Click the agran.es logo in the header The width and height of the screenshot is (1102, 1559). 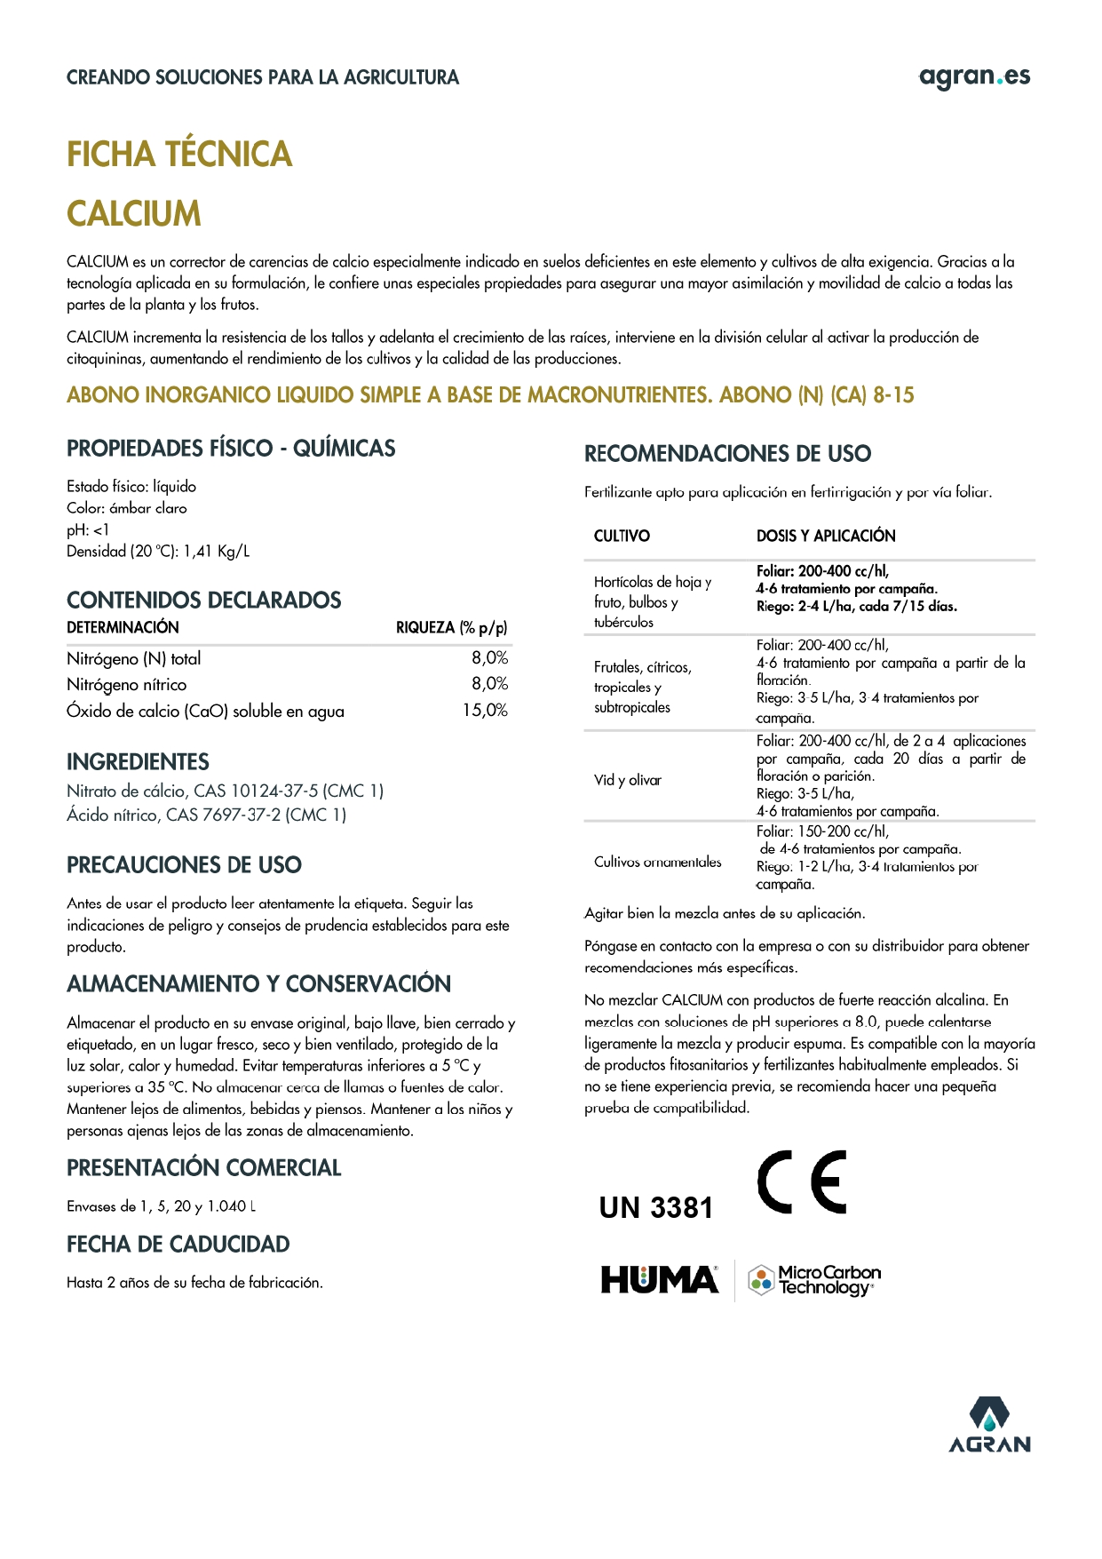pos(974,77)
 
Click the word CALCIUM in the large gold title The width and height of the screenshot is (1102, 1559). pos(134,214)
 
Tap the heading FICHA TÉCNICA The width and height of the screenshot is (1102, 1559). pos(179,155)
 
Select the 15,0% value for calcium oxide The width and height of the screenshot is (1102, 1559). pos(485,711)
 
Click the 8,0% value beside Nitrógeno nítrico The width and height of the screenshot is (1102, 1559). pos(489,684)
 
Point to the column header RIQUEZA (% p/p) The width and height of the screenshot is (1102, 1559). pos(451,628)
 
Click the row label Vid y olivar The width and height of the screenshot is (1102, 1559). pos(628,780)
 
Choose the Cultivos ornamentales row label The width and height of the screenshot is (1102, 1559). pos(657,862)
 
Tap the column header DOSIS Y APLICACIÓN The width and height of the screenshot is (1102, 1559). pos(825,536)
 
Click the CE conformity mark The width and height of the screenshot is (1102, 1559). pos(801,1182)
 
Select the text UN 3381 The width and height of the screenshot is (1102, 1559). pos(656,1208)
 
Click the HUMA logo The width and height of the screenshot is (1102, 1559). pos(660,1280)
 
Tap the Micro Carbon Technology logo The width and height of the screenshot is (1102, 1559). pos(814,1280)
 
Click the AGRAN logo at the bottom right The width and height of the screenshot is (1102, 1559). pos(989,1426)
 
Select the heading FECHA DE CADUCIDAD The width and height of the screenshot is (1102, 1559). pos(178,1245)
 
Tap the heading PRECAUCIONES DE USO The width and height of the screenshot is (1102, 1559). pos(184,865)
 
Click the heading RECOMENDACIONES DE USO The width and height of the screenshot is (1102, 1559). pos(727,454)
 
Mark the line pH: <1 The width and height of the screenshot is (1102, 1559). pos(88,530)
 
